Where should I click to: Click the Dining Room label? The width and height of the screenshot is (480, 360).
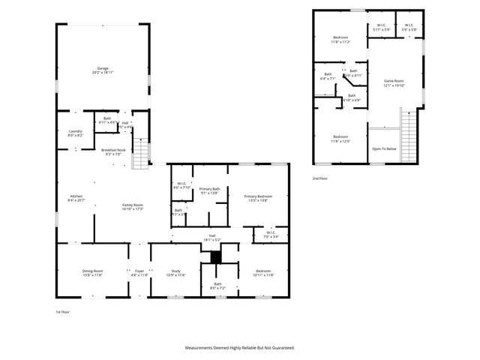(92, 272)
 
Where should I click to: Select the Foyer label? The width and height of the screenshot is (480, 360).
(139, 272)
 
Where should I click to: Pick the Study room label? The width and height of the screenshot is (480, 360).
(175, 272)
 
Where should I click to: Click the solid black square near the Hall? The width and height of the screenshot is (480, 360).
(216, 256)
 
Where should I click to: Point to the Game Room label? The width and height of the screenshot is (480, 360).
(394, 82)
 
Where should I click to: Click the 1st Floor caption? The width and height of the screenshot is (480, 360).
(63, 311)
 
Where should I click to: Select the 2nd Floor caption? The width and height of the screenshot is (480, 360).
(321, 178)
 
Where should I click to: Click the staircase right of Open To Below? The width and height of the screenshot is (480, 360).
(408, 134)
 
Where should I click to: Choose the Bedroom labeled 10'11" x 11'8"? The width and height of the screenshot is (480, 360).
(262, 272)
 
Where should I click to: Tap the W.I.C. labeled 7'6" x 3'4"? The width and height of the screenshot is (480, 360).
(271, 234)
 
